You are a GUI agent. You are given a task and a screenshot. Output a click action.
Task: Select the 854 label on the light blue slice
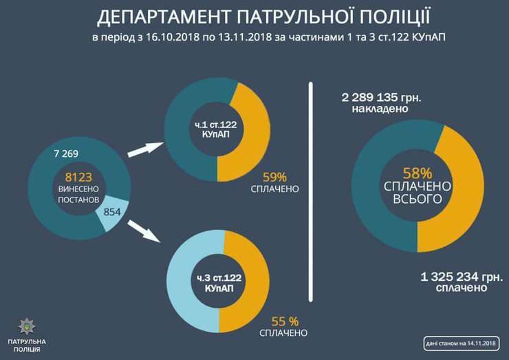[111, 212]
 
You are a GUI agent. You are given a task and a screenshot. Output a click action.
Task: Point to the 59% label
[274, 176]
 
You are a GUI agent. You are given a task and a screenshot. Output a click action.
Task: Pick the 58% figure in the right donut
[418, 173]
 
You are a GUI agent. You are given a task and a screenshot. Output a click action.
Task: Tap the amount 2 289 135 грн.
[381, 96]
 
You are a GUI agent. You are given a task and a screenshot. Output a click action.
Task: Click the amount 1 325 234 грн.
[454, 277]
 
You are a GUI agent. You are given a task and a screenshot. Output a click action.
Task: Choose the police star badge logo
[25, 325]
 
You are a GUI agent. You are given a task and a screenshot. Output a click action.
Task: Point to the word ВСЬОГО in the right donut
[418, 200]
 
